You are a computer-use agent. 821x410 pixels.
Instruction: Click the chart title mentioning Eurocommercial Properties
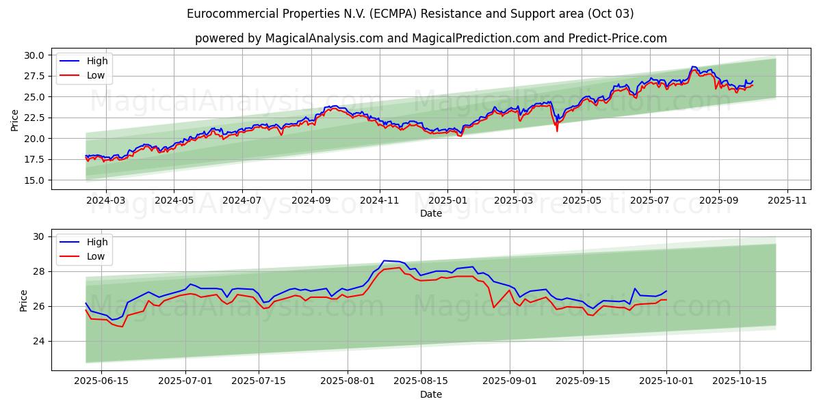coord(410,14)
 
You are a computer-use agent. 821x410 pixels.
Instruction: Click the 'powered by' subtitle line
coord(431,38)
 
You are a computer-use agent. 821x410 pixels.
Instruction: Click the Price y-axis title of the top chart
coord(15,120)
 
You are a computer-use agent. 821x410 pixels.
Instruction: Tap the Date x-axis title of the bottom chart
coord(431,394)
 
